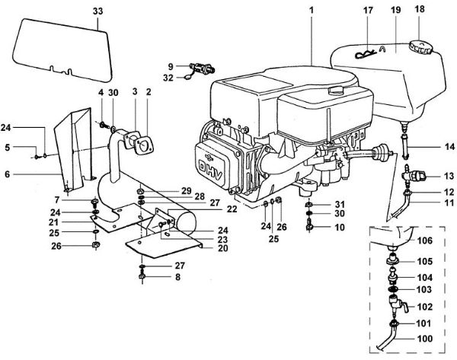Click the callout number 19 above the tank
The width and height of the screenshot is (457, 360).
click(x=395, y=11)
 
